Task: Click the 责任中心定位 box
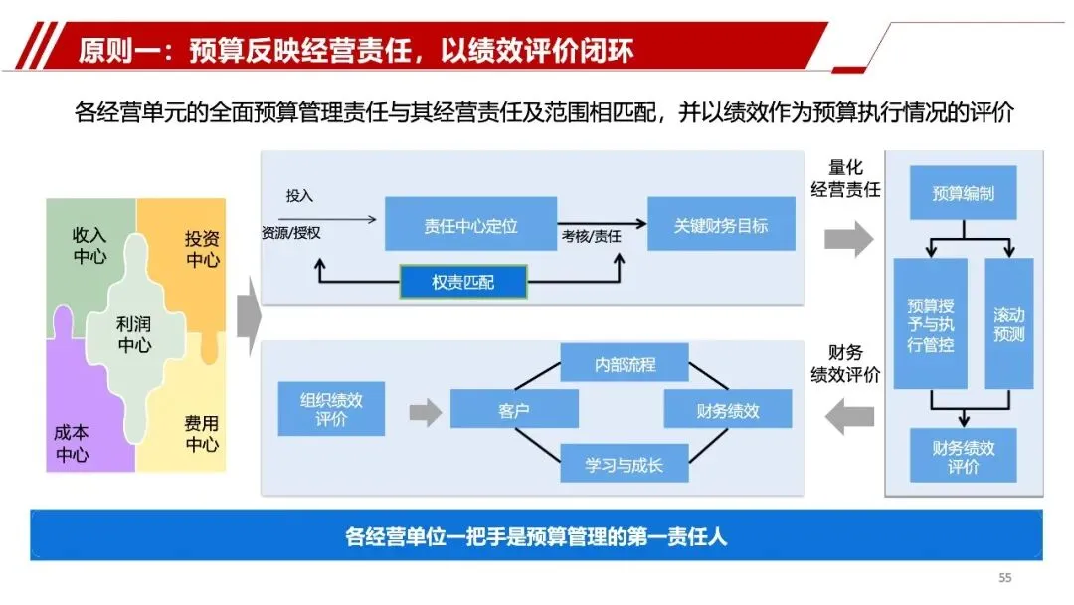(470, 225)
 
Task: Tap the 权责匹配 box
(462, 283)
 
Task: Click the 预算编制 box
(963, 193)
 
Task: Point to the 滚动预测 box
(1008, 323)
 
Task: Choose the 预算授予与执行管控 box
(930, 323)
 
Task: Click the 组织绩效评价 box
(331, 409)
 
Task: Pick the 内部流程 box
(625, 364)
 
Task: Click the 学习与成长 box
(625, 464)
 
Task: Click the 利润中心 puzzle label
(134, 334)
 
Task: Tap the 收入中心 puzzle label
(89, 245)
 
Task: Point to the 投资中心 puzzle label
(202, 249)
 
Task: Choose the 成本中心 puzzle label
(72, 444)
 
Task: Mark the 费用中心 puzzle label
(202, 434)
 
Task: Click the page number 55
(1004, 578)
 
